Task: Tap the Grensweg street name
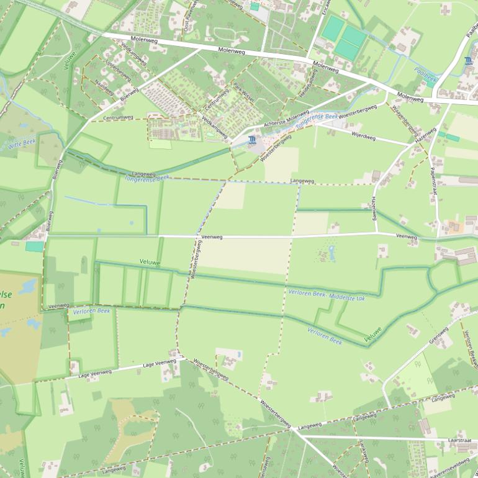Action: [438, 335]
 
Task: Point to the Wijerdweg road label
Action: [363, 135]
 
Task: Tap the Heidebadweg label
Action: [309, 83]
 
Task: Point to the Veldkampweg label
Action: [215, 126]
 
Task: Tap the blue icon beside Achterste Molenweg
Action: [251, 140]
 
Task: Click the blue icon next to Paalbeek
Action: [467, 60]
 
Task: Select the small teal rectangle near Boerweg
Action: [35, 246]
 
